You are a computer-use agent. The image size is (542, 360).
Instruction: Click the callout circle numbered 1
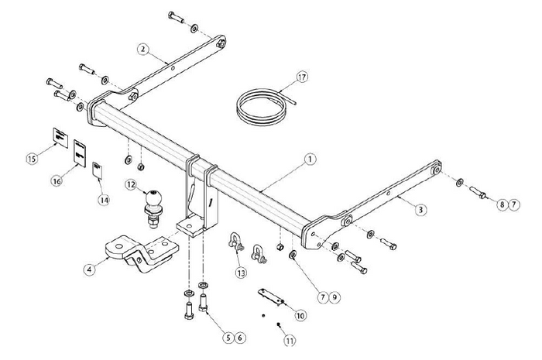coord(309,159)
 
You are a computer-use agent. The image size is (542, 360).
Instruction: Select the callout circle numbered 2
coord(143,49)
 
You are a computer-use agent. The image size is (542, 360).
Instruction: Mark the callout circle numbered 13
coord(242,272)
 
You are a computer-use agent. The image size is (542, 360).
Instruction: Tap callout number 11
coord(290,340)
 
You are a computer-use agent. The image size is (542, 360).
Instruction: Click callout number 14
coord(104,198)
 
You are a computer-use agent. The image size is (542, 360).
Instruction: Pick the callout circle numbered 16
coord(56,180)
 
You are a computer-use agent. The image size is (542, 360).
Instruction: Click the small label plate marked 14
coord(98,170)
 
